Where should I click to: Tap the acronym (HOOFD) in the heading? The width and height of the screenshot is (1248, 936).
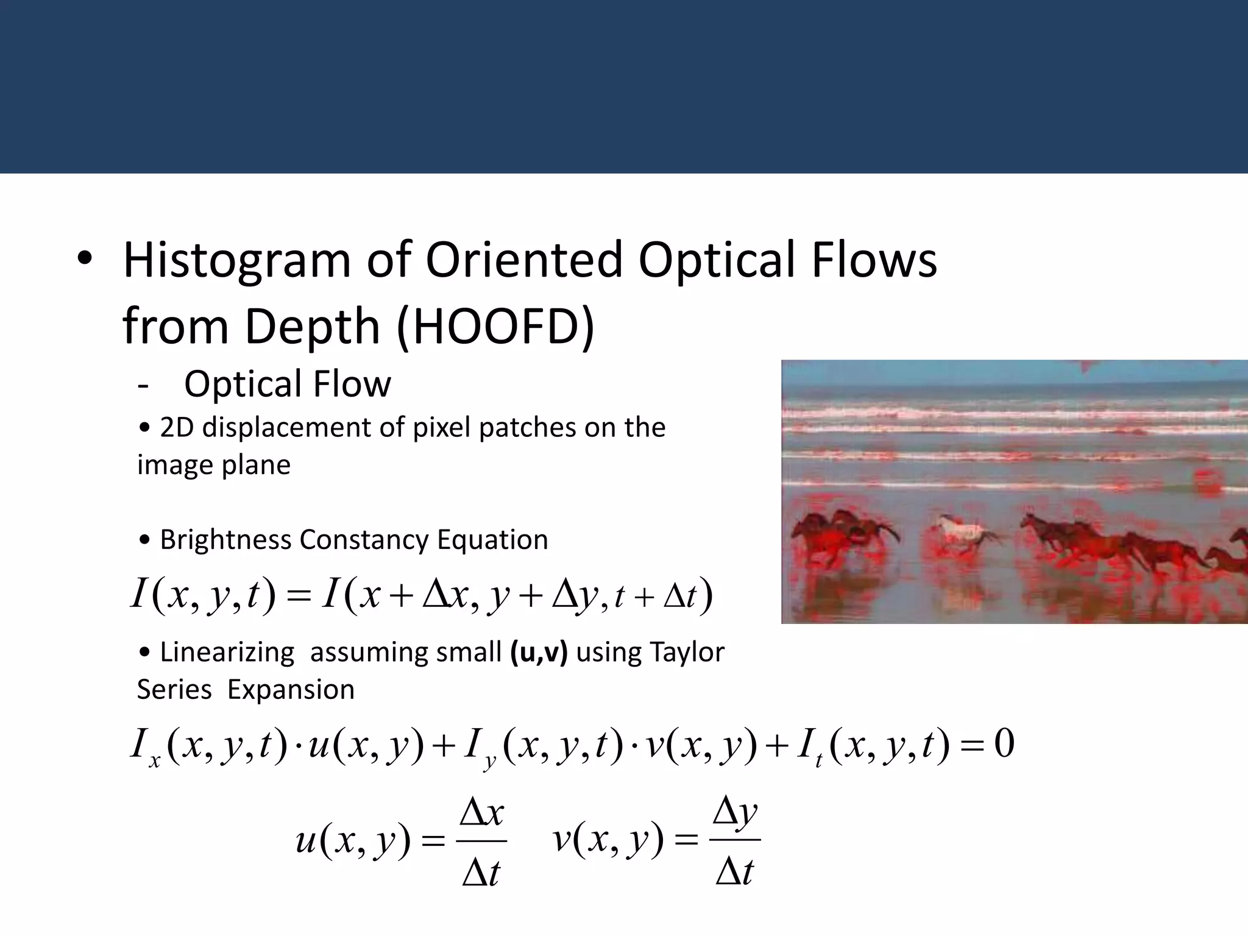[x=495, y=327]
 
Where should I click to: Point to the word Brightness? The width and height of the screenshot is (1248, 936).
[x=225, y=540]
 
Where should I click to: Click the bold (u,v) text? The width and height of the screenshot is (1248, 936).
[x=539, y=653]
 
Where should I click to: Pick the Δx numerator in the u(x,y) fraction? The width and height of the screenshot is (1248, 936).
[x=482, y=814]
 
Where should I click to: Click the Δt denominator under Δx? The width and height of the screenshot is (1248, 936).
[x=481, y=873]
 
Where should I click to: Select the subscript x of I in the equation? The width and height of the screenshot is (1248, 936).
[x=154, y=761]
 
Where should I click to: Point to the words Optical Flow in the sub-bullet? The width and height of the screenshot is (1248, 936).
[x=287, y=385]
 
